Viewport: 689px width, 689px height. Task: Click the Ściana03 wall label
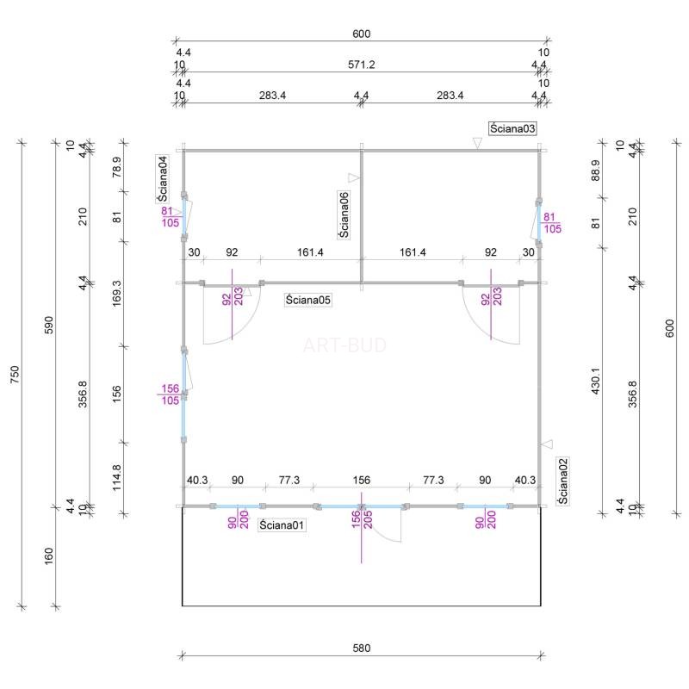click(x=512, y=128)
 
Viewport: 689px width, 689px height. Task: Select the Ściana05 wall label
click(x=307, y=300)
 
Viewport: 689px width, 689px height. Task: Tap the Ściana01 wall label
click(x=282, y=525)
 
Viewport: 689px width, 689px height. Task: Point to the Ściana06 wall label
click(x=344, y=214)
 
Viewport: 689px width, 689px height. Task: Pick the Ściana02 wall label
click(x=563, y=481)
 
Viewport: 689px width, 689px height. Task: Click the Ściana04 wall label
click(x=162, y=179)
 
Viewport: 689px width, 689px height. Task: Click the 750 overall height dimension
click(x=15, y=375)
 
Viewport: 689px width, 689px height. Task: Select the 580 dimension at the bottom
click(x=361, y=648)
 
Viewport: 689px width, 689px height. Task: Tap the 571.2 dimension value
click(x=361, y=65)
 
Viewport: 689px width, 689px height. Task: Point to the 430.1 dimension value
click(x=595, y=381)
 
